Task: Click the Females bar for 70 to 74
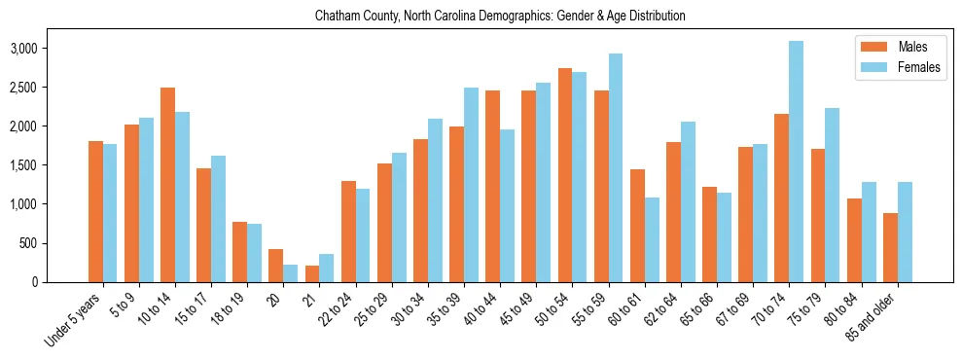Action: coord(796,162)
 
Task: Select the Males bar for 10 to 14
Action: coord(168,185)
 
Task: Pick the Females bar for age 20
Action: coord(290,273)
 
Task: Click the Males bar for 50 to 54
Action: coord(565,175)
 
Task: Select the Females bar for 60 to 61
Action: coord(652,239)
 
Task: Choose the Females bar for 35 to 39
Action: coord(471,185)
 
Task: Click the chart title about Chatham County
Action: coord(500,17)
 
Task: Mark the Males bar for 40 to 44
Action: coord(493,186)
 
